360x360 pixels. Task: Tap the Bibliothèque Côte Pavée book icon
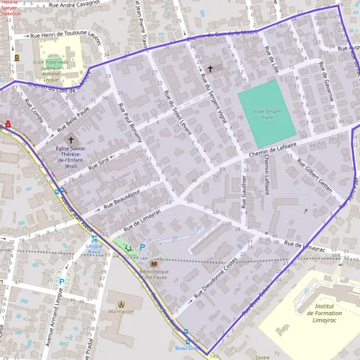pyautogui.click(x=154, y=263)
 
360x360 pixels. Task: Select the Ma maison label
pyautogui.click(x=122, y=311)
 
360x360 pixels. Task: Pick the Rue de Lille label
pyautogui.click(x=273, y=59)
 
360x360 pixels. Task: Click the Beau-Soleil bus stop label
pyautogui.click(x=186, y=347)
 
